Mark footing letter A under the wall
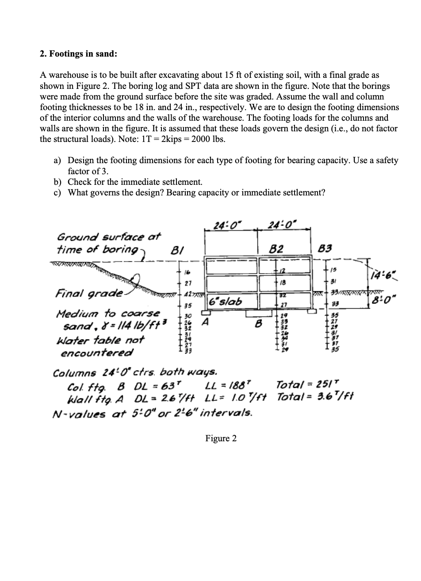click(205, 322)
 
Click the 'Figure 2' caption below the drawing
click(221, 438)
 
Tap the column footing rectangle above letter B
click(258, 313)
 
